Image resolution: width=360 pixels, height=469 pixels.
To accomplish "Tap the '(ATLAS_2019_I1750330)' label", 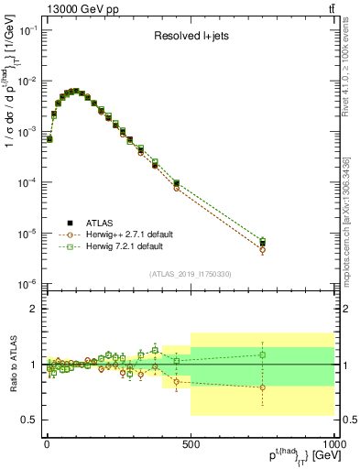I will click(x=190, y=273).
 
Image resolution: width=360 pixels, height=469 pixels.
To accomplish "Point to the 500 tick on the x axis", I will click(x=191, y=442).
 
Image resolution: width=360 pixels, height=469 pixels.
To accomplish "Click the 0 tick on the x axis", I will click(x=46, y=442).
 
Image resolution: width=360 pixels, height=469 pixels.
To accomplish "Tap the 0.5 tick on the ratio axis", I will click(x=29, y=420).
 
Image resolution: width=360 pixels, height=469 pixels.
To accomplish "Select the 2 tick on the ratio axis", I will click(x=33, y=309).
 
